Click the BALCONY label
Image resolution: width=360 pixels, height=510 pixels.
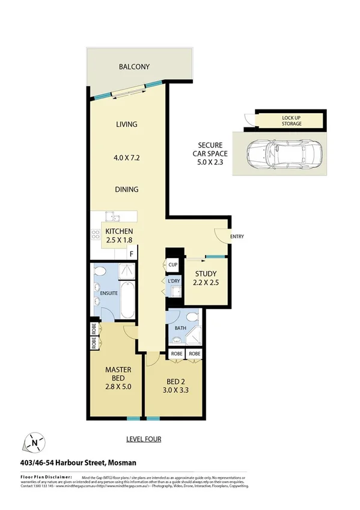pyautogui.click(x=133, y=67)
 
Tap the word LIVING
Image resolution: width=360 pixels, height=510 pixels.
pyautogui.click(x=127, y=124)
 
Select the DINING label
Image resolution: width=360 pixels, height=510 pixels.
pyautogui.click(x=127, y=189)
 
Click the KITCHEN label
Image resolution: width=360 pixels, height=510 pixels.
pyautogui.click(x=119, y=232)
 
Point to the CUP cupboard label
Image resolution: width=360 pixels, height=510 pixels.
pyautogui.click(x=173, y=265)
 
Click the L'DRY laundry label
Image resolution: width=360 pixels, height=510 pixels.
pyautogui.click(x=174, y=281)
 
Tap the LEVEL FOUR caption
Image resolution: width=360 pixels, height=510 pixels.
pyautogui.click(x=143, y=439)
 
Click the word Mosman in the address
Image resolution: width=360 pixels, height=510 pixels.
pyautogui.click(x=122, y=462)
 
